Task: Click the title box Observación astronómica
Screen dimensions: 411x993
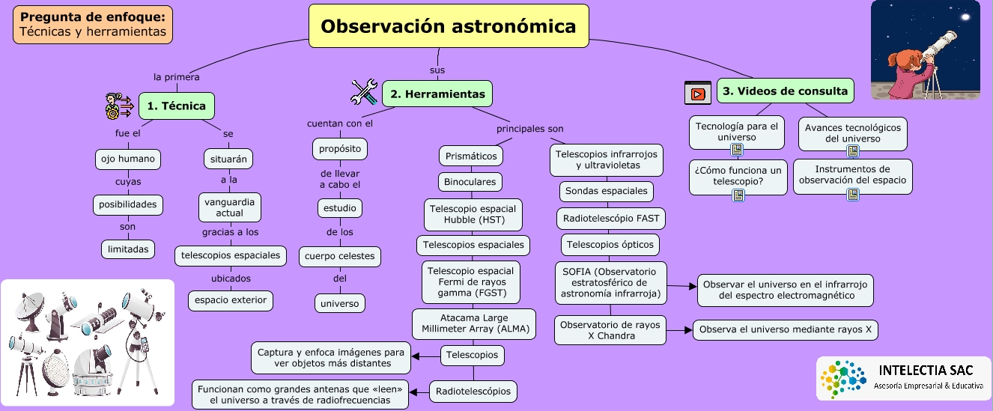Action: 449,26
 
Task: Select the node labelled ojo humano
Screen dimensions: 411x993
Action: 128,159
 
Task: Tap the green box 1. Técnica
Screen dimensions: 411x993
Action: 177,106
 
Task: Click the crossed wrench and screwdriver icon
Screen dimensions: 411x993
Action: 366,92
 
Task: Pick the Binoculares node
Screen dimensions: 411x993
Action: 470,182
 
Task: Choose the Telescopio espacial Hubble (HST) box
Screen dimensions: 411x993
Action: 473,214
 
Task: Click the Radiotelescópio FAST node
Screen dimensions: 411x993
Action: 610,218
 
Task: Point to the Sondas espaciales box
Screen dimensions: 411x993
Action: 607,191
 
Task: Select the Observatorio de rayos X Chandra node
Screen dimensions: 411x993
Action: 610,330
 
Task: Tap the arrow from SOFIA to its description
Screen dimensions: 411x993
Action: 681,286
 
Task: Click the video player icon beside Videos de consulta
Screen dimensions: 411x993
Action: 697,93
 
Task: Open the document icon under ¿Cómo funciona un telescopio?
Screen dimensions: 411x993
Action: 738,195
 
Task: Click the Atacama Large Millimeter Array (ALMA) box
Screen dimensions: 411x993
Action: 474,323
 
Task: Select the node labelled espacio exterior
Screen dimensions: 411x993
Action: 230,300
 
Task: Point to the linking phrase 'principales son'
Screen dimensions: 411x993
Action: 530,128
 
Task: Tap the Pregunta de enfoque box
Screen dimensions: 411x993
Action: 93,25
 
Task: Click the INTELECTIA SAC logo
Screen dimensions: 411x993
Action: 903,378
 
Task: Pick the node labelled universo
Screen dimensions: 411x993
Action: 340,303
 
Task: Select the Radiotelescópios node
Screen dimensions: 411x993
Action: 473,391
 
